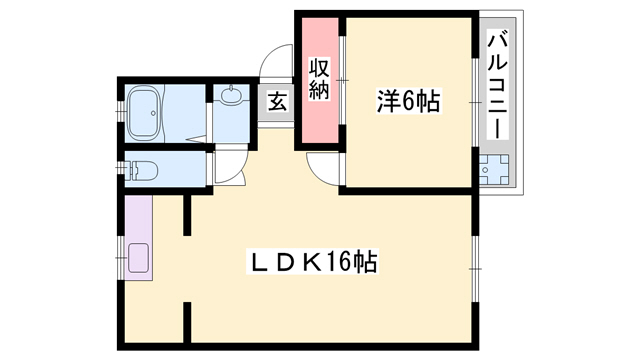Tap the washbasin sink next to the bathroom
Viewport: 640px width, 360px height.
(x=232, y=98)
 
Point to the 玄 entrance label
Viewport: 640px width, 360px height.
(x=277, y=101)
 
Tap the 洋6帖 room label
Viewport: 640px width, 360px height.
(x=409, y=101)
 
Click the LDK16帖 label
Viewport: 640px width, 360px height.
(x=312, y=263)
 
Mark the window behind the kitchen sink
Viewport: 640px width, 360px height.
(x=120, y=260)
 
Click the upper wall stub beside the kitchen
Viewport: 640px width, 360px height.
(x=187, y=215)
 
